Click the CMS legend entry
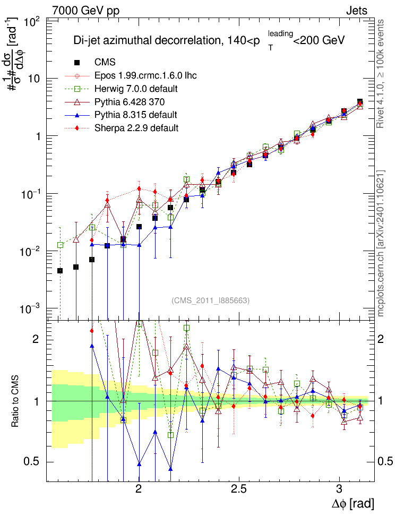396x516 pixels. pyautogui.click(x=105, y=62)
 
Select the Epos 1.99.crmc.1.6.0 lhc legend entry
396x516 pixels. pyautogui.click(x=145, y=75)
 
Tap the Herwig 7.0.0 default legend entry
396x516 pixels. pyautogui.click(x=136, y=89)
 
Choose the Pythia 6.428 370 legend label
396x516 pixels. pyautogui.click(x=130, y=102)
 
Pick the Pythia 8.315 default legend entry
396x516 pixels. pyautogui.click(x=135, y=115)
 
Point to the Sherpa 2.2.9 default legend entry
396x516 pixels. pyautogui.click(x=136, y=128)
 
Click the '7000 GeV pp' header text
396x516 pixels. pyautogui.click(x=85, y=11)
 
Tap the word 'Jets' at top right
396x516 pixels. pyautogui.click(x=357, y=11)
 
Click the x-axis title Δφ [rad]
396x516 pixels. pyautogui.click(x=352, y=503)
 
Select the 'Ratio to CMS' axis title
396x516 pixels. pyautogui.click(x=15, y=401)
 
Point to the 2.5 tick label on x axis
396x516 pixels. pyautogui.click(x=239, y=489)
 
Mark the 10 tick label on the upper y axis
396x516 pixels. pyautogui.click(x=35, y=79)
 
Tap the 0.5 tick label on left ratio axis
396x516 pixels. pyautogui.click(x=32, y=462)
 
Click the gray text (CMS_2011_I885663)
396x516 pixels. pyautogui.click(x=210, y=300)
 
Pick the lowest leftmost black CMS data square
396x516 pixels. pyautogui.click(x=60, y=271)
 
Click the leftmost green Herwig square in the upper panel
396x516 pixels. pyautogui.click(x=60, y=245)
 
